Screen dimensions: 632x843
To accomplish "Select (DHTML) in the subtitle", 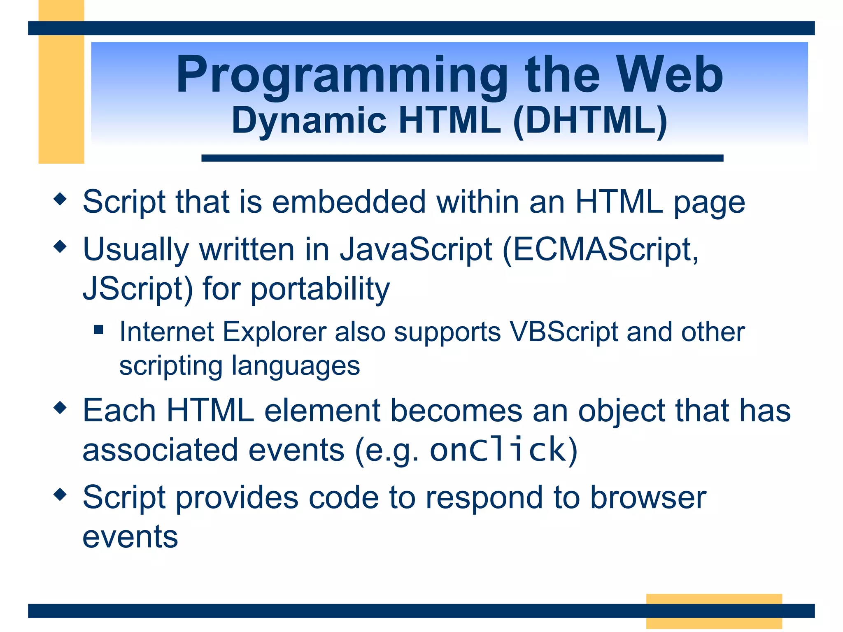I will tap(591, 121).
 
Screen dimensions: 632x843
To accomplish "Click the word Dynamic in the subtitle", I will tap(309, 121).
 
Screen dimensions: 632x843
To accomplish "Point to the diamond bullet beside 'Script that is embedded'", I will tap(60, 200).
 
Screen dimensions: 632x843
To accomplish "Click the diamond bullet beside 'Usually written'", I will tap(60, 247).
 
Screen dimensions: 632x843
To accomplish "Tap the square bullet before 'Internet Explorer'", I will tap(98, 330).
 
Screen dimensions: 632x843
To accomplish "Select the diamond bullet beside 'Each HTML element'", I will tap(60, 408).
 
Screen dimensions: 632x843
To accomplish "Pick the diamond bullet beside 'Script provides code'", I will tap(60, 495).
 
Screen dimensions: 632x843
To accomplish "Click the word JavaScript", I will tap(416, 250).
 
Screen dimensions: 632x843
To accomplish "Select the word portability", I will tap(320, 289).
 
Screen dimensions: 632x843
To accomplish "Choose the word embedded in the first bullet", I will tap(349, 202).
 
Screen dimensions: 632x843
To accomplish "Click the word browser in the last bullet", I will tap(648, 497).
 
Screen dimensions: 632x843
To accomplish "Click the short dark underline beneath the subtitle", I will tap(462, 158).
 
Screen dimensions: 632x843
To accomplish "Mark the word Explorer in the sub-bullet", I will tap(274, 332).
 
